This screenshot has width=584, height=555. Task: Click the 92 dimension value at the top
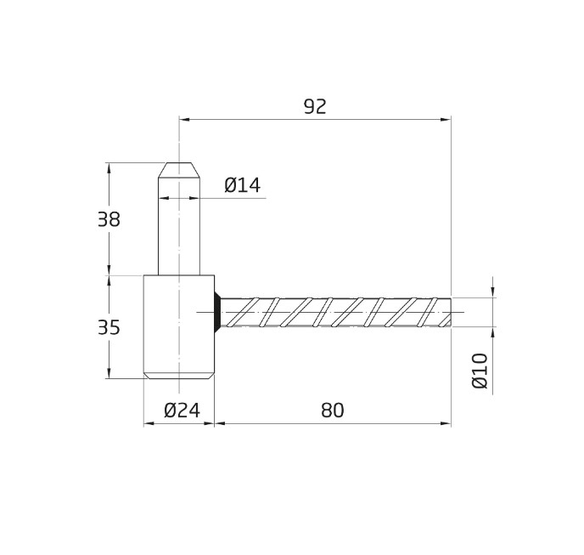(x=315, y=107)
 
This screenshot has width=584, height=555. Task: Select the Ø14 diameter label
(x=242, y=185)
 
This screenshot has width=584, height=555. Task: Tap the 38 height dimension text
(x=109, y=220)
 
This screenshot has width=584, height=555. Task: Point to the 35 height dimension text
(x=109, y=328)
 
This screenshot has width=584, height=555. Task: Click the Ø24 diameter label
(x=182, y=411)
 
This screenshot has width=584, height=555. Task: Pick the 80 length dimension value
(x=333, y=411)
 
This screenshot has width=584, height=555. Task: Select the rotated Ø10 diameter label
(x=480, y=371)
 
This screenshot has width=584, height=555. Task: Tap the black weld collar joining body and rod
(x=217, y=312)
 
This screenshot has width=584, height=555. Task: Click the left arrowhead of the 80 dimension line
(x=219, y=423)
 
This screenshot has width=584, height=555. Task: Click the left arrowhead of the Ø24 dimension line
(x=149, y=423)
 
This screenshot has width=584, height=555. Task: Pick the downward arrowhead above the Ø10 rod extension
(x=492, y=292)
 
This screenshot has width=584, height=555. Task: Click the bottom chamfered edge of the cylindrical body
(x=178, y=375)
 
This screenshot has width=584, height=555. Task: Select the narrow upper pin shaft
(x=179, y=229)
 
